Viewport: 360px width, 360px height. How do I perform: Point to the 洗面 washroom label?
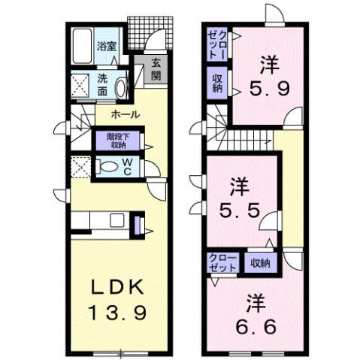click(104, 84)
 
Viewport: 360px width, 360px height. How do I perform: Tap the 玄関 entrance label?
click(155, 69)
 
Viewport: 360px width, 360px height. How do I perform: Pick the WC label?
click(129, 167)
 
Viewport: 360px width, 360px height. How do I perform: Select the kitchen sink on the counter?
click(116, 221)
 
